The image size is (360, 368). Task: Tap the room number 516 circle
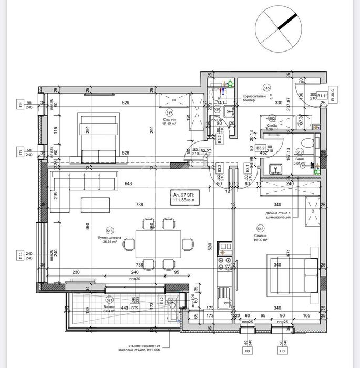click(109, 230)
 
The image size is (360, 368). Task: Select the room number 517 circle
click(169, 113)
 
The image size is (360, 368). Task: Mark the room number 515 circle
click(266, 88)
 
